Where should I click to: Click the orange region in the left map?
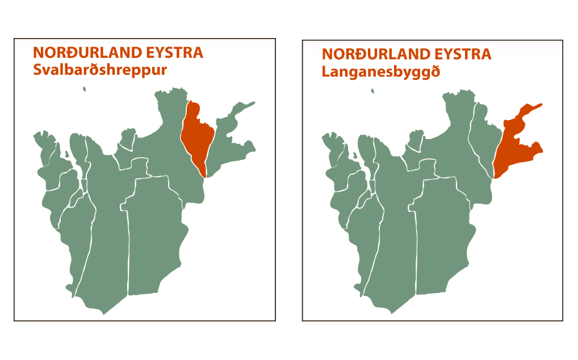tap(197, 136)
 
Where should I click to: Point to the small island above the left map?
tap(84, 89)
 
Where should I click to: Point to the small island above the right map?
tap(372, 90)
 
